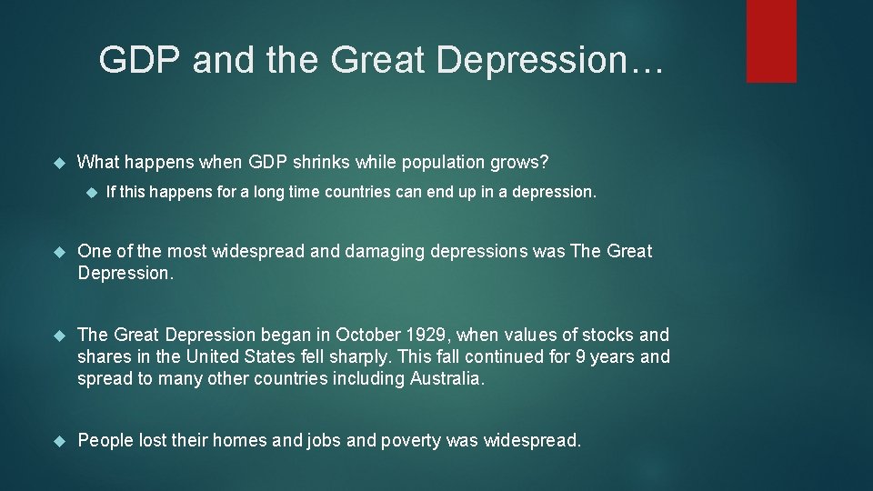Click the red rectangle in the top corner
[771, 41]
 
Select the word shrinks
[325, 163]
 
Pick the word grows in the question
[521, 163]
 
